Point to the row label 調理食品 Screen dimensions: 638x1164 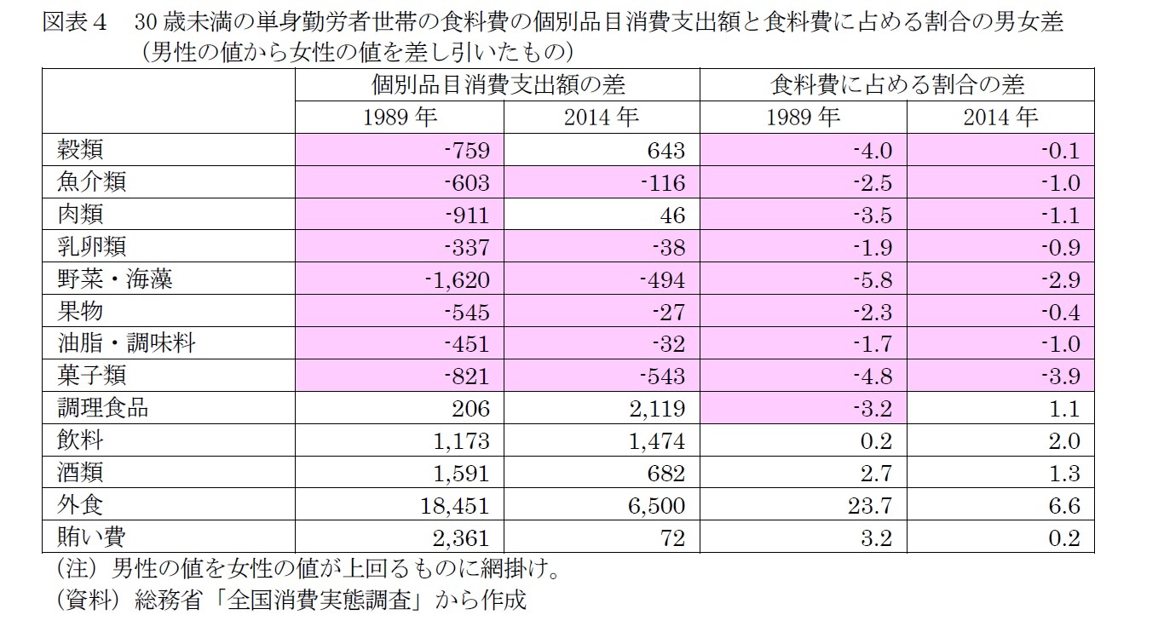(99, 408)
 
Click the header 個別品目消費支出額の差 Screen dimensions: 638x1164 (498, 85)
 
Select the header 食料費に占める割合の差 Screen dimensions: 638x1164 (897, 85)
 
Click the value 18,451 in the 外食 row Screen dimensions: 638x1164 (455, 505)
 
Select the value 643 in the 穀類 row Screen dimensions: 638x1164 (666, 151)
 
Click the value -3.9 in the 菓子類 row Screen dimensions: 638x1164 (1061, 376)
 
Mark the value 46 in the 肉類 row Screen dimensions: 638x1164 (671, 215)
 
